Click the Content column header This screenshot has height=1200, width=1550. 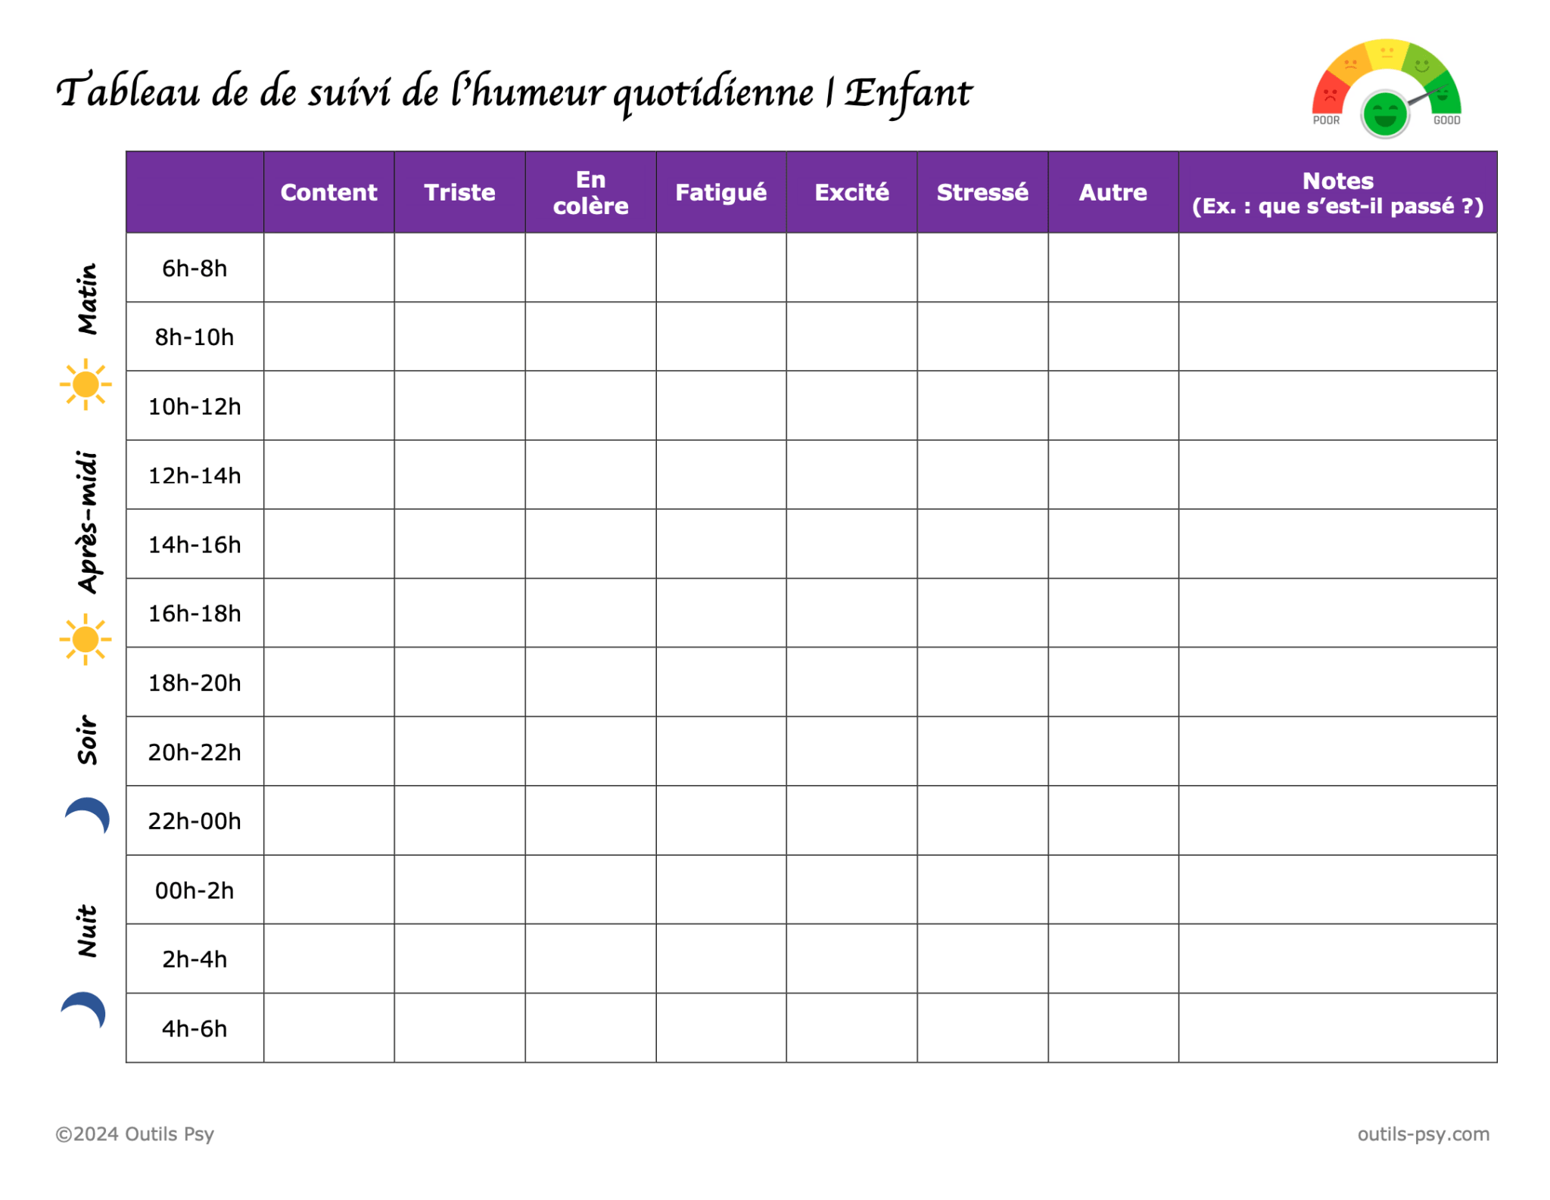[328, 192]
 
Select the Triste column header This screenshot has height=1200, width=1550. [459, 192]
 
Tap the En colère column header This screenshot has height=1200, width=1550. [590, 192]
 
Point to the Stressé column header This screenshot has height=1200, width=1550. [982, 192]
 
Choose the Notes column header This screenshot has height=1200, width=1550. [1337, 192]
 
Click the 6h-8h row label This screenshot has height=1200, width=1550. [195, 268]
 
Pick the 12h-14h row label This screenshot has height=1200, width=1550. [195, 475]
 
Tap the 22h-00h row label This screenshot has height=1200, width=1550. [195, 821]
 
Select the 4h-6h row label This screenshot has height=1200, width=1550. [195, 1028]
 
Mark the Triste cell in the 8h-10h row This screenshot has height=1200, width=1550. [459, 337]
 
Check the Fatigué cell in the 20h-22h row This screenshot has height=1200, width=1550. [721, 751]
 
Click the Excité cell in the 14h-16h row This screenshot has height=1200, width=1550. [851, 544]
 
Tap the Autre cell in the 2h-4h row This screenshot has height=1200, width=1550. [1113, 959]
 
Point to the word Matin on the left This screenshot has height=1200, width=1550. [88, 298]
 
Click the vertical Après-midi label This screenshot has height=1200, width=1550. [88, 521]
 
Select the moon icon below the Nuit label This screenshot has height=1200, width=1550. [84, 1010]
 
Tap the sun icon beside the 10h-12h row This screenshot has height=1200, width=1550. [86, 384]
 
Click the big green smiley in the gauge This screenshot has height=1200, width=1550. [1384, 114]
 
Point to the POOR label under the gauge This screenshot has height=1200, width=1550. [1326, 120]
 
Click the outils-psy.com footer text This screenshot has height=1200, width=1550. [1423, 1133]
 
